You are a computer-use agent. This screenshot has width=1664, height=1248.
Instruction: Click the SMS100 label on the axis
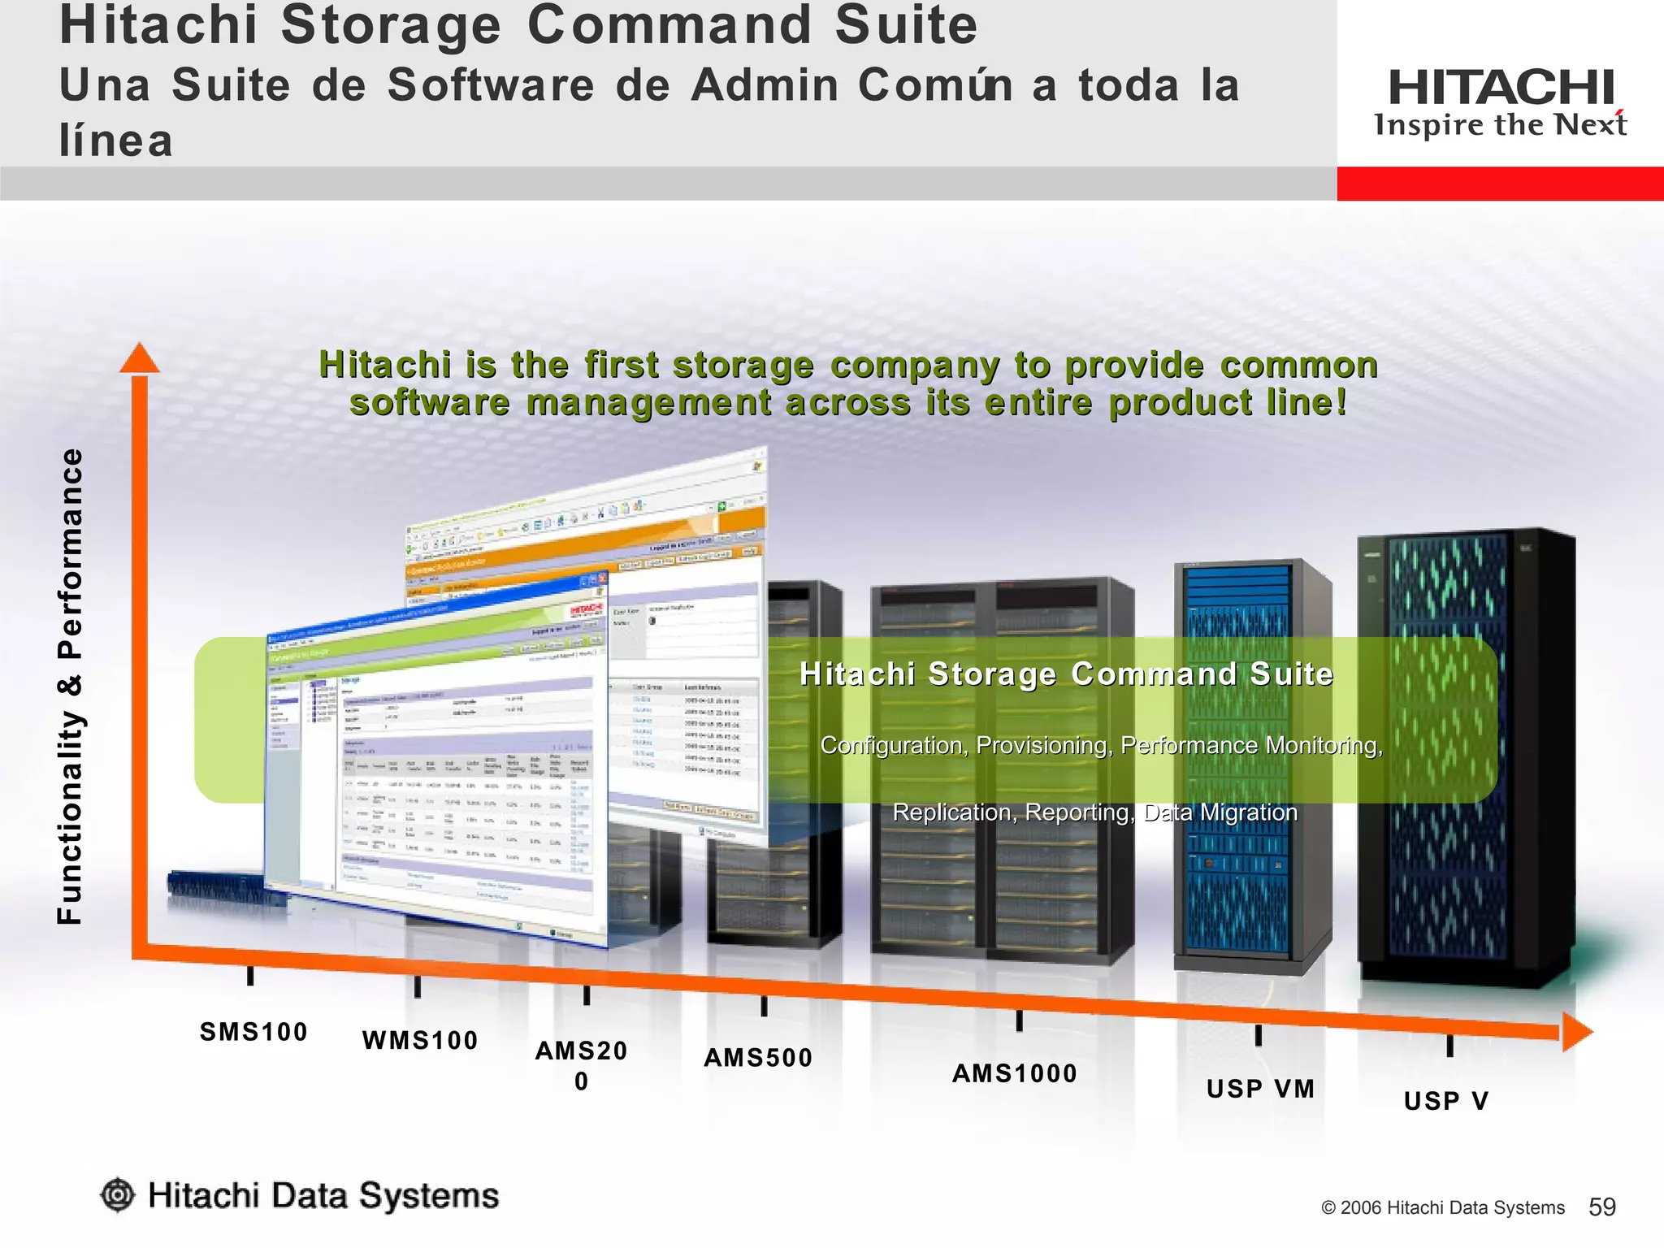click(x=253, y=1032)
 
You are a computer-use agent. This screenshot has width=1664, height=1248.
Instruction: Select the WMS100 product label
click(x=420, y=1041)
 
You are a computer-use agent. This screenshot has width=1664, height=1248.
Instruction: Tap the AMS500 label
click(x=758, y=1058)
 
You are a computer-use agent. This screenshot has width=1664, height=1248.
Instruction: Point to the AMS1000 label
click(x=1015, y=1073)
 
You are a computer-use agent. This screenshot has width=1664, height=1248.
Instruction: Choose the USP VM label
click(x=1260, y=1089)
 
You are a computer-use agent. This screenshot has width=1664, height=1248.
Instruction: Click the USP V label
click(x=1447, y=1101)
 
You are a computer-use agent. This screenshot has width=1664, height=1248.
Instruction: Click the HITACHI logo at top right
click(x=1501, y=88)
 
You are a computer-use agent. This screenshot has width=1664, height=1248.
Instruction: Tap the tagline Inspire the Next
click(x=1500, y=125)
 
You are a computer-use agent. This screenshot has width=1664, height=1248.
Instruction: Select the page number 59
click(x=1602, y=1207)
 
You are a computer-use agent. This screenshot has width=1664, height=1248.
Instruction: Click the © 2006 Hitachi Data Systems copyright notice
click(x=1443, y=1208)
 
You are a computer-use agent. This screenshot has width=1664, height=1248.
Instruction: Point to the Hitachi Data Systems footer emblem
click(x=119, y=1195)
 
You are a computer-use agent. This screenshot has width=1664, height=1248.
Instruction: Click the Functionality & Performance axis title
click(x=71, y=687)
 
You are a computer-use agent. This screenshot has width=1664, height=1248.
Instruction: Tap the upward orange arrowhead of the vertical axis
click(x=140, y=358)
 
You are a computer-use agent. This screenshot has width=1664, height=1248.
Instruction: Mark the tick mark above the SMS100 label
click(x=250, y=975)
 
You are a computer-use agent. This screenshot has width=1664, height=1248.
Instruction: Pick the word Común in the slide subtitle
click(x=934, y=85)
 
